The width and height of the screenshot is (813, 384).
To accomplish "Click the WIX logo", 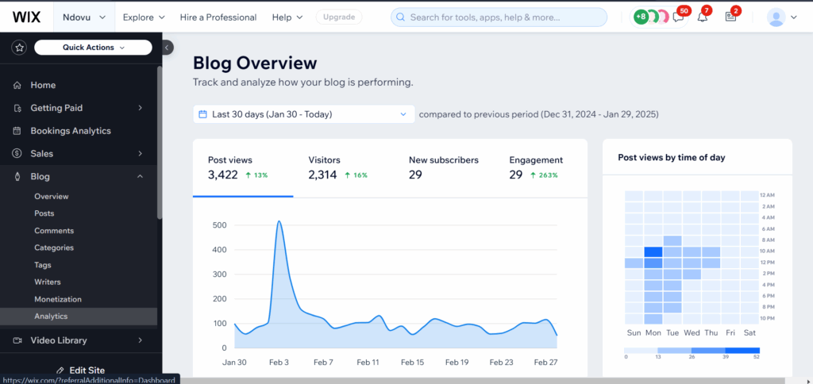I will click(x=27, y=17).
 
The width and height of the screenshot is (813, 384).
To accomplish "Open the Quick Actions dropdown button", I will click(x=93, y=48).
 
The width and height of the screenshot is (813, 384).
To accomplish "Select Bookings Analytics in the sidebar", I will click(x=71, y=131).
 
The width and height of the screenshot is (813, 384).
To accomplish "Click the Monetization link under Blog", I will click(x=58, y=299).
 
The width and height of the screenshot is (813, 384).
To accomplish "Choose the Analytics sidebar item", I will click(x=51, y=316).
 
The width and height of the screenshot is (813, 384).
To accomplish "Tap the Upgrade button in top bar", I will click(x=339, y=17).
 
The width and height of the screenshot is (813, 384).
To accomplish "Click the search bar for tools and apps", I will click(x=499, y=17).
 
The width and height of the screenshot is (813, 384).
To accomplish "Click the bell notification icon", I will click(x=702, y=17).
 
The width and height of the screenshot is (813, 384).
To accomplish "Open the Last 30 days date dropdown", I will click(x=303, y=114).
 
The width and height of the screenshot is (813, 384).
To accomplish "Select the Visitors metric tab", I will click(x=337, y=167).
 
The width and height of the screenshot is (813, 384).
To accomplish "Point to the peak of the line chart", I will click(x=279, y=221).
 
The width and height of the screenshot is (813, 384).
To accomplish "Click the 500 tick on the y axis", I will click(x=218, y=225).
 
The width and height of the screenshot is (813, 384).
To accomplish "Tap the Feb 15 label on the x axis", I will click(x=413, y=362).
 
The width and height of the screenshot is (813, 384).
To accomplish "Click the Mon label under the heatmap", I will click(x=653, y=333).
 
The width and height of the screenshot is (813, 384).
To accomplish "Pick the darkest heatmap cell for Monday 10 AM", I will click(x=653, y=252).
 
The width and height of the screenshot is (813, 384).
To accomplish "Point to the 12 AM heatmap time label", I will click(x=767, y=194).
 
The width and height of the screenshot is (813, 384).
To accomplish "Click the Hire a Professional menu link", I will click(x=218, y=17).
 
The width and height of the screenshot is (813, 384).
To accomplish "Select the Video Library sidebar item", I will click(x=59, y=340).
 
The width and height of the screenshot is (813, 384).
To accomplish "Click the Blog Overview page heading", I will click(x=255, y=63).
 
